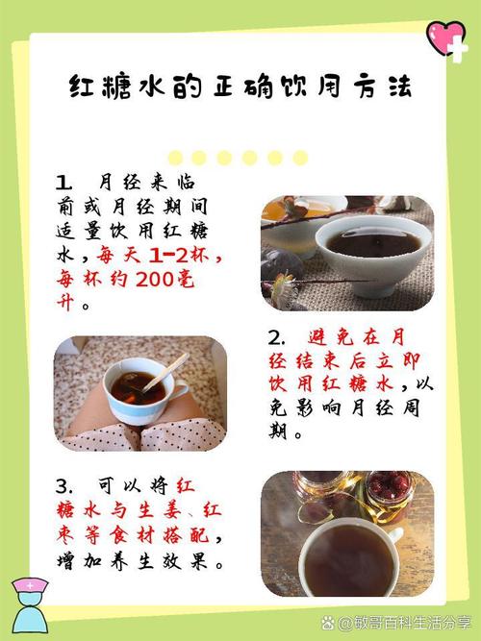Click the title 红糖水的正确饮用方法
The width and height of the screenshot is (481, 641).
240,87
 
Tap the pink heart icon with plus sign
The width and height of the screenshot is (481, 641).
446,37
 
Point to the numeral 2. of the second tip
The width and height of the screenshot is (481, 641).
277,337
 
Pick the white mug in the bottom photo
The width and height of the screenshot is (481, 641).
346,556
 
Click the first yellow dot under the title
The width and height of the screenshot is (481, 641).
176,158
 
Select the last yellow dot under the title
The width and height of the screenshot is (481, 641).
300,158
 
